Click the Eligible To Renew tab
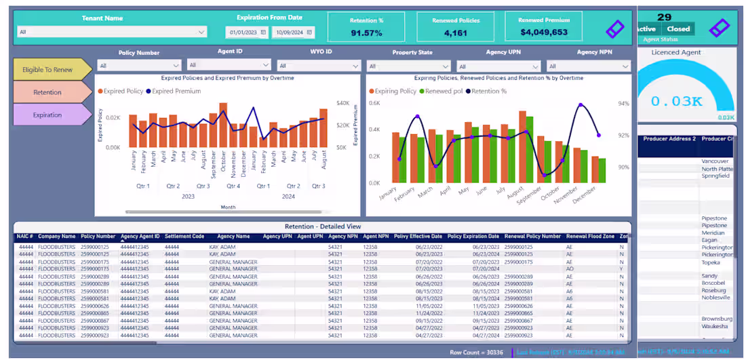coord(48,70)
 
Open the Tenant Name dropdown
coord(113,32)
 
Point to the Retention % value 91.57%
coord(366,33)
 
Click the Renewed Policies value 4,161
coord(455,33)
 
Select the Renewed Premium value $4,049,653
coord(544,32)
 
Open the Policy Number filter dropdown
coord(139,66)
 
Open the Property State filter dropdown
coord(408,66)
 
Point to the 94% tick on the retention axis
coord(624,104)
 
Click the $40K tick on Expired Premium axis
coord(342,104)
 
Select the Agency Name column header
coord(233,237)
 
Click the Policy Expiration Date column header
coord(473,237)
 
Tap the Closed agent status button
coord(678,29)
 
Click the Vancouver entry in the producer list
coord(715,161)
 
